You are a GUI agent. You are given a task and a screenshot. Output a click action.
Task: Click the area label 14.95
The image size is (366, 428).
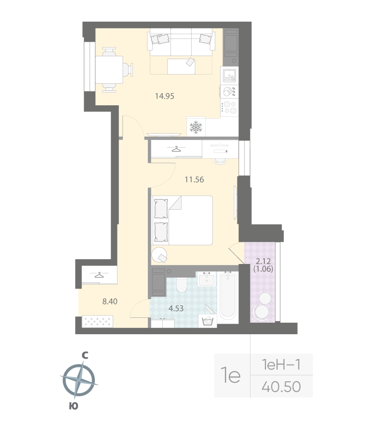[x=164, y=96]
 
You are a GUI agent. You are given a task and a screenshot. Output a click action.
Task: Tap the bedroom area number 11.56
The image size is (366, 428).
[x=195, y=180]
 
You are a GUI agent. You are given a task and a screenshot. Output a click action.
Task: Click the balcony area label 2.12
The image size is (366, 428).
[x=263, y=262]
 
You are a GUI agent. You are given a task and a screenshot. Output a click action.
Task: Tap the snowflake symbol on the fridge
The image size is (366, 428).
[x=196, y=127]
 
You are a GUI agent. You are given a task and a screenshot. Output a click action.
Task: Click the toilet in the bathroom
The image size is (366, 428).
[x=182, y=285]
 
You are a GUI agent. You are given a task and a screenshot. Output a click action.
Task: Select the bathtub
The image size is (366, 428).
[x=228, y=296]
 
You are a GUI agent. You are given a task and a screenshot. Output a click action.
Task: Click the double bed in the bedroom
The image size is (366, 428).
[x=183, y=220]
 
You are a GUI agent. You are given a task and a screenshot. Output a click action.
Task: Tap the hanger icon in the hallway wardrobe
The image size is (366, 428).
[x=99, y=276]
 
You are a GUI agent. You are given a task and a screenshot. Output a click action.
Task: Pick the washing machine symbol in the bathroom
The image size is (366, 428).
[x=209, y=321]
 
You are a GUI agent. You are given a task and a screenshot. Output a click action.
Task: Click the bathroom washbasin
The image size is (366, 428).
[x=209, y=279]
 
